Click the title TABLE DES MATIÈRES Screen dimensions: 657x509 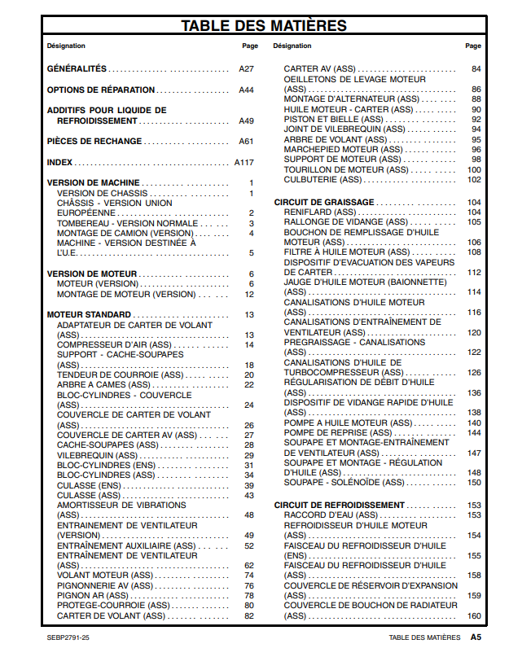[264, 25]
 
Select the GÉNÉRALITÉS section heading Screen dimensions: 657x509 [77, 70]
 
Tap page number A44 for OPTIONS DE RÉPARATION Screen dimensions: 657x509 [246, 90]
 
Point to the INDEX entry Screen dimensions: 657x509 [60, 163]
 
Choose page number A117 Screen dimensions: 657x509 [244, 163]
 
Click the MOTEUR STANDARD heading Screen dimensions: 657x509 [89, 315]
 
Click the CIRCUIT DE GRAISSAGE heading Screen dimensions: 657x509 [324, 203]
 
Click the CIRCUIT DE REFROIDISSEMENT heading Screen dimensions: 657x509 [339, 506]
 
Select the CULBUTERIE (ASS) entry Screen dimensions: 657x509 [322, 180]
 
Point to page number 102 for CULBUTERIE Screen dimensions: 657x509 [474, 180]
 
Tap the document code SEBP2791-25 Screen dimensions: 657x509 [68, 637]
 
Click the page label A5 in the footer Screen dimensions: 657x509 [475, 637]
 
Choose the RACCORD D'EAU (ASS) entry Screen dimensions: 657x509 [331, 515]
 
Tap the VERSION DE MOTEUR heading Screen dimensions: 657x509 [92, 274]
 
